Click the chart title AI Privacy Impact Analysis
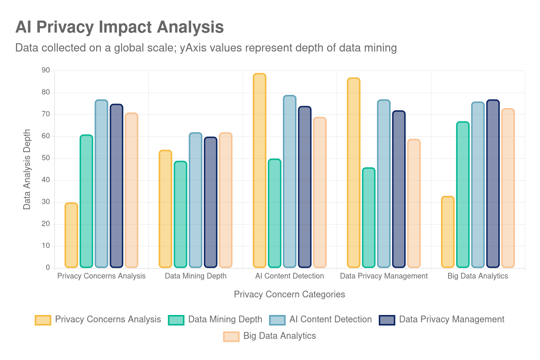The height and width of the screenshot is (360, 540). click(119, 27)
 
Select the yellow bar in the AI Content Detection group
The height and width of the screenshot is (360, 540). click(259, 171)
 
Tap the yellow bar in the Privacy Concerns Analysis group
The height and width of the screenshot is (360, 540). click(71, 235)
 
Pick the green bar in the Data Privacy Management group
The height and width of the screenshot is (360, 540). click(369, 217)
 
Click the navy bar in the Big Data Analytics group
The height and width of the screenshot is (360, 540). click(493, 184)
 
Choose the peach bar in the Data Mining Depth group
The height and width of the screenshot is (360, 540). click(225, 200)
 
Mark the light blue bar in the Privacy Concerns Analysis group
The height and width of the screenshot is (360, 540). click(101, 184)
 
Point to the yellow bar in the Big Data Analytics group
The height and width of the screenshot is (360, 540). click(448, 232)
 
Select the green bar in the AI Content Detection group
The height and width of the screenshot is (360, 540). click(274, 213)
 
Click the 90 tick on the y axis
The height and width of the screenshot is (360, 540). click(46, 70)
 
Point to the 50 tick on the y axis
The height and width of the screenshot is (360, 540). click(46, 158)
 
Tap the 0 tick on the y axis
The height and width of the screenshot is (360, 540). click(48, 267)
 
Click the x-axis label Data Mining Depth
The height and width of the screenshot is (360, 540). click(195, 276)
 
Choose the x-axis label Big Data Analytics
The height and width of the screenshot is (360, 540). click(477, 276)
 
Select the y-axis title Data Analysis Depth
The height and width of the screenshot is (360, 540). click(27, 169)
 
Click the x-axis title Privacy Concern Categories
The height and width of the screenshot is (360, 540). click(289, 294)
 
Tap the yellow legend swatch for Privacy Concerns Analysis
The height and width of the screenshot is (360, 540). click(43, 320)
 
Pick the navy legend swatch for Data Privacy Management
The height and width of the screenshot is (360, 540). click(387, 320)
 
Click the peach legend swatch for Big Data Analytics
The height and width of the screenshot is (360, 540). click(231, 336)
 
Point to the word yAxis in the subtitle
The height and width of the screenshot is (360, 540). click(193, 48)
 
